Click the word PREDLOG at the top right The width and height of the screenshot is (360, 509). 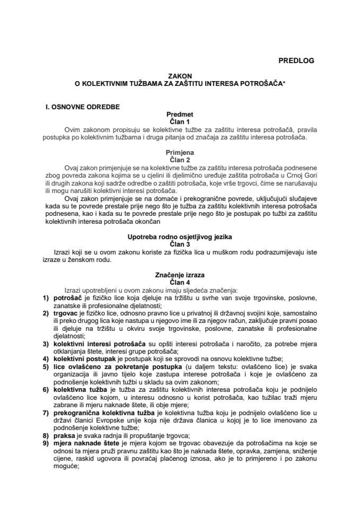[x=296, y=60]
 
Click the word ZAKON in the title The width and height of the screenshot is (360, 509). [x=180, y=76]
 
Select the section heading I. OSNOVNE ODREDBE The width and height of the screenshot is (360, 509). [x=82, y=107]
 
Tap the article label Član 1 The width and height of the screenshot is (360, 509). [x=180, y=120]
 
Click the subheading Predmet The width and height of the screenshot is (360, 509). [x=180, y=113]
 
